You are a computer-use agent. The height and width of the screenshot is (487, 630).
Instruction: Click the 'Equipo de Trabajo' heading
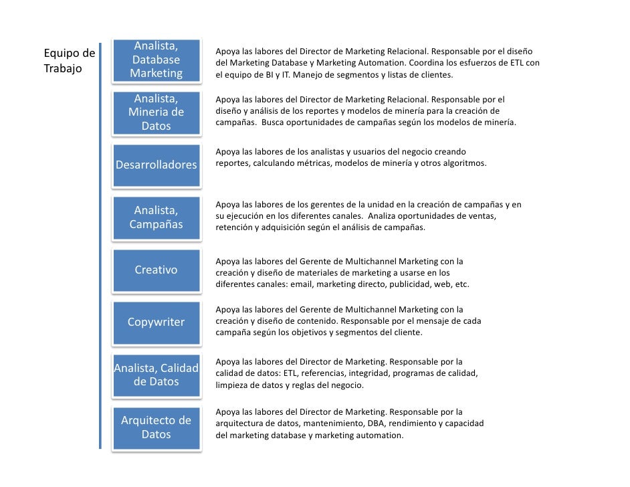click(69, 60)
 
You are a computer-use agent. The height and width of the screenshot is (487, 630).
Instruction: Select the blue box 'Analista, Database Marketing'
click(156, 60)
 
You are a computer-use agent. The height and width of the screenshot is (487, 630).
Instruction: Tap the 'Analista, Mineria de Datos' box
click(156, 112)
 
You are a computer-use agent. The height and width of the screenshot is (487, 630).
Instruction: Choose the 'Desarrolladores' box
click(156, 165)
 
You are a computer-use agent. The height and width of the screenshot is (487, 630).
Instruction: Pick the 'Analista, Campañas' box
click(156, 217)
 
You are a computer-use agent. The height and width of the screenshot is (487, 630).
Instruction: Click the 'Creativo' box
click(156, 270)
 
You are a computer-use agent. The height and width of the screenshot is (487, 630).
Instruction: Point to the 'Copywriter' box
click(156, 322)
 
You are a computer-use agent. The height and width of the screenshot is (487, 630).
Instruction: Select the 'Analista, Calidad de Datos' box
click(156, 375)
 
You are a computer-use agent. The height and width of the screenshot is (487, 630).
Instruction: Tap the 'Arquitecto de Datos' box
click(156, 427)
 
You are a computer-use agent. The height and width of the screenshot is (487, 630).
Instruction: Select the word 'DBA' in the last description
click(376, 423)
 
